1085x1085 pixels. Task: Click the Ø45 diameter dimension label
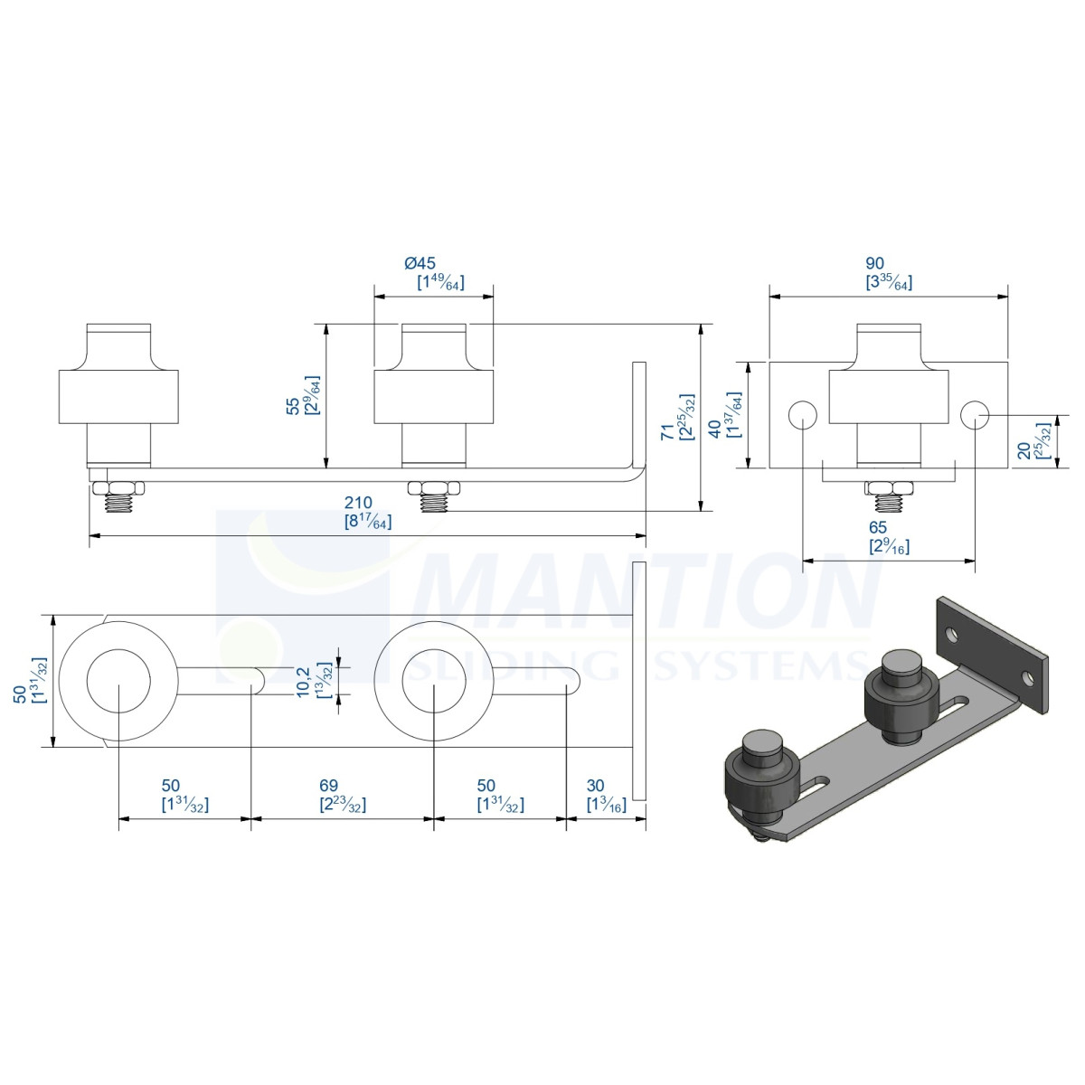pyautogui.click(x=420, y=263)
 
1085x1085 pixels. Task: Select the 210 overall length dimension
pyautogui.click(x=358, y=502)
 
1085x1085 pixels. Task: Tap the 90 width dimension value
pyautogui.click(x=874, y=263)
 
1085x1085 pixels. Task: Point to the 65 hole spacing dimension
pyautogui.click(x=878, y=527)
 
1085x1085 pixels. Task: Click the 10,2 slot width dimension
pyautogui.click(x=302, y=683)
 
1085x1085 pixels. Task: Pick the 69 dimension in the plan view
pyautogui.click(x=329, y=786)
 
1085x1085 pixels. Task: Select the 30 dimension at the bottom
pyautogui.click(x=595, y=786)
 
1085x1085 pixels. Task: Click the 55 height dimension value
pyautogui.click(x=293, y=407)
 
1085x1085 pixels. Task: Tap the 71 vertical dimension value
pyautogui.click(x=667, y=432)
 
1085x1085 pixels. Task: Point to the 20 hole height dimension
pyautogui.click(x=1024, y=450)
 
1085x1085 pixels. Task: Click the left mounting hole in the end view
pyautogui.click(x=802, y=416)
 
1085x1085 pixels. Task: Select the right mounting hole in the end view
pyautogui.click(x=976, y=416)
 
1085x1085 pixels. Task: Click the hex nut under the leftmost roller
pyautogui.click(x=118, y=487)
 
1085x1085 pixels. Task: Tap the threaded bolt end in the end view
pyautogui.click(x=889, y=503)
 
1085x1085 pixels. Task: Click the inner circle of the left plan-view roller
pyautogui.click(x=118, y=682)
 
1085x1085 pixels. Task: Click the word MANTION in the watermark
pyautogui.click(x=647, y=591)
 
